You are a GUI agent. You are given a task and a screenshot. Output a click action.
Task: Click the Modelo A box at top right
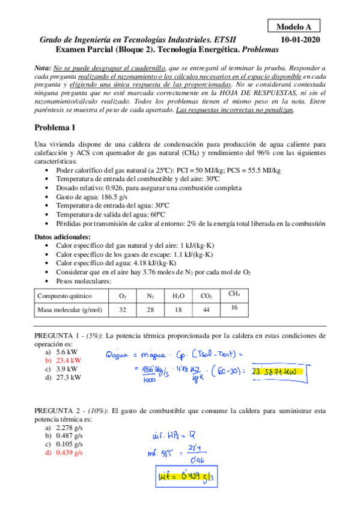click(294, 26)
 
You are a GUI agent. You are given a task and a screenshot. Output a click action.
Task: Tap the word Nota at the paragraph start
click(42, 69)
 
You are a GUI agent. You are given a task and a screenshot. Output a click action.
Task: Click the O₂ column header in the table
click(123, 296)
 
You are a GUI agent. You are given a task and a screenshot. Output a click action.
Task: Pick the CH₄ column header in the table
click(234, 293)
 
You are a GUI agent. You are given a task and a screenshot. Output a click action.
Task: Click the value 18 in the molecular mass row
click(178, 310)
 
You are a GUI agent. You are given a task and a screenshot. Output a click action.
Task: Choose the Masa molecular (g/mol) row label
click(70, 310)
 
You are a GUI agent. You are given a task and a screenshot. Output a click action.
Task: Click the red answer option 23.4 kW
click(67, 360)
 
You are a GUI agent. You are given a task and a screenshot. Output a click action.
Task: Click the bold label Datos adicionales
click(63, 236)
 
